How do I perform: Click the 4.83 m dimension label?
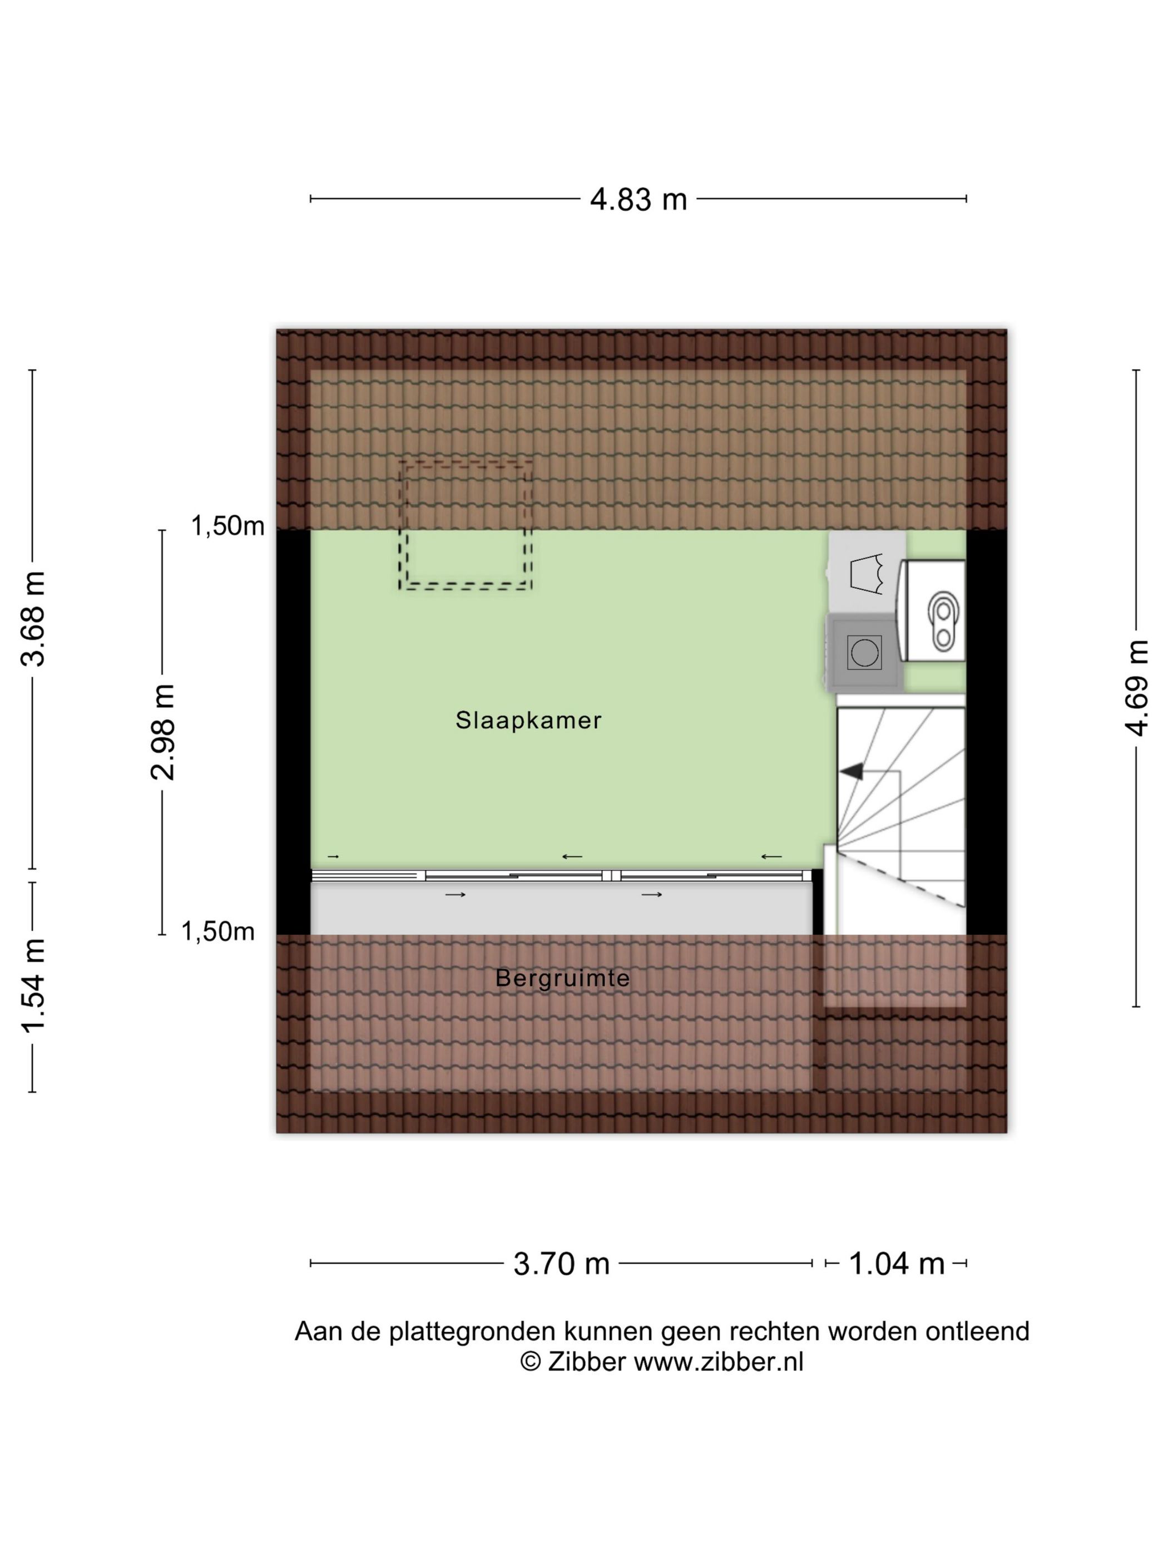[x=638, y=199]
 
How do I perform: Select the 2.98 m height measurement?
[x=162, y=732]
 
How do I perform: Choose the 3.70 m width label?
[x=561, y=1264]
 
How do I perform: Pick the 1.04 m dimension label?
[x=896, y=1264]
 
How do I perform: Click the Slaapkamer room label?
[x=528, y=720]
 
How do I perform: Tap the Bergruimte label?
[x=562, y=978]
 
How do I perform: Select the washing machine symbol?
[x=864, y=652]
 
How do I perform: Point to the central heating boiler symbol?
[x=934, y=610]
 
